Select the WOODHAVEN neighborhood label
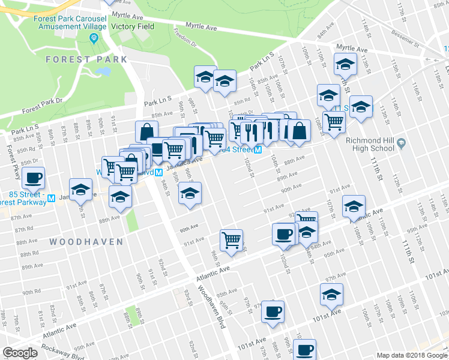pyautogui.click(x=86, y=242)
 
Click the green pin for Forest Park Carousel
pyautogui.click(x=93, y=39)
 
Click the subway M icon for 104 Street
pyautogui.click(x=257, y=150)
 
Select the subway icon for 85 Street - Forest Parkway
pyautogui.click(x=52, y=198)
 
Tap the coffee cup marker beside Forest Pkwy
pyautogui.click(x=33, y=178)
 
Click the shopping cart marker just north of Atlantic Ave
pyautogui.click(x=231, y=240)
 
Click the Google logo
pyautogui.click(x=20, y=352)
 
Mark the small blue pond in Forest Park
pyautogui.click(x=103, y=71)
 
